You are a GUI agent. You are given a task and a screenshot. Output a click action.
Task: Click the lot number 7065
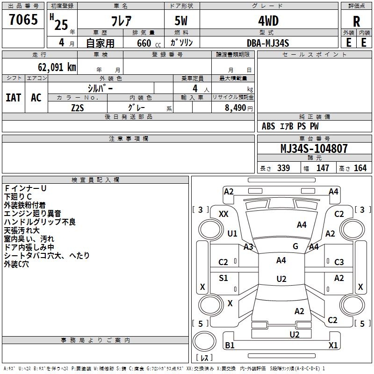[23, 19]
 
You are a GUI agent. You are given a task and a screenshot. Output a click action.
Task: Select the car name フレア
[121, 21]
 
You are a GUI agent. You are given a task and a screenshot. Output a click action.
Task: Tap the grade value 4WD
[268, 21]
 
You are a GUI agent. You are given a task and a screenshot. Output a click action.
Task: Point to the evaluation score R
[356, 22]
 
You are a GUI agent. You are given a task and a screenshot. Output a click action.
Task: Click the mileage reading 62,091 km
[57, 67]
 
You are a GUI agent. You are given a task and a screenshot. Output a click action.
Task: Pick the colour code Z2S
[78, 108]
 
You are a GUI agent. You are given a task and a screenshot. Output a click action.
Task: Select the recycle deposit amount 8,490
[235, 108]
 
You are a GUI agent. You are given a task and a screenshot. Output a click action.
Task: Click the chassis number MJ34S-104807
[314, 149]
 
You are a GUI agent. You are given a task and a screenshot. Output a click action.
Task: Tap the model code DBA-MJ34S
[268, 43]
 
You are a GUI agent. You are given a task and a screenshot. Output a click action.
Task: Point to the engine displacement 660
[144, 43]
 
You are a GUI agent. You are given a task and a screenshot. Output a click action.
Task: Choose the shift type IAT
[14, 98]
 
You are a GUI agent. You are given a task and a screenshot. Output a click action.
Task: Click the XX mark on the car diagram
[223, 214]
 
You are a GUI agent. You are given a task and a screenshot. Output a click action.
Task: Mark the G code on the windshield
[295, 246]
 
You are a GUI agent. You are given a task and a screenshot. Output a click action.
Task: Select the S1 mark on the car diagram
[223, 278]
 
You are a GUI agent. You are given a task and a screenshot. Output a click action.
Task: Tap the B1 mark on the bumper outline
[230, 345]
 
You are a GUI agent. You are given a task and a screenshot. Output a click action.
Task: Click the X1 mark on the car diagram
[333, 345]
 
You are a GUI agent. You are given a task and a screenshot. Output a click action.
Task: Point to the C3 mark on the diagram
[339, 262]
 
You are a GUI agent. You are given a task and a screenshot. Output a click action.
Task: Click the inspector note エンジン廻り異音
[33, 214]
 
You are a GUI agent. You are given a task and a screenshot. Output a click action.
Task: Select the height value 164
[360, 168]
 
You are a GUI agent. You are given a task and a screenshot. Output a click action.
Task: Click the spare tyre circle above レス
[204, 341]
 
